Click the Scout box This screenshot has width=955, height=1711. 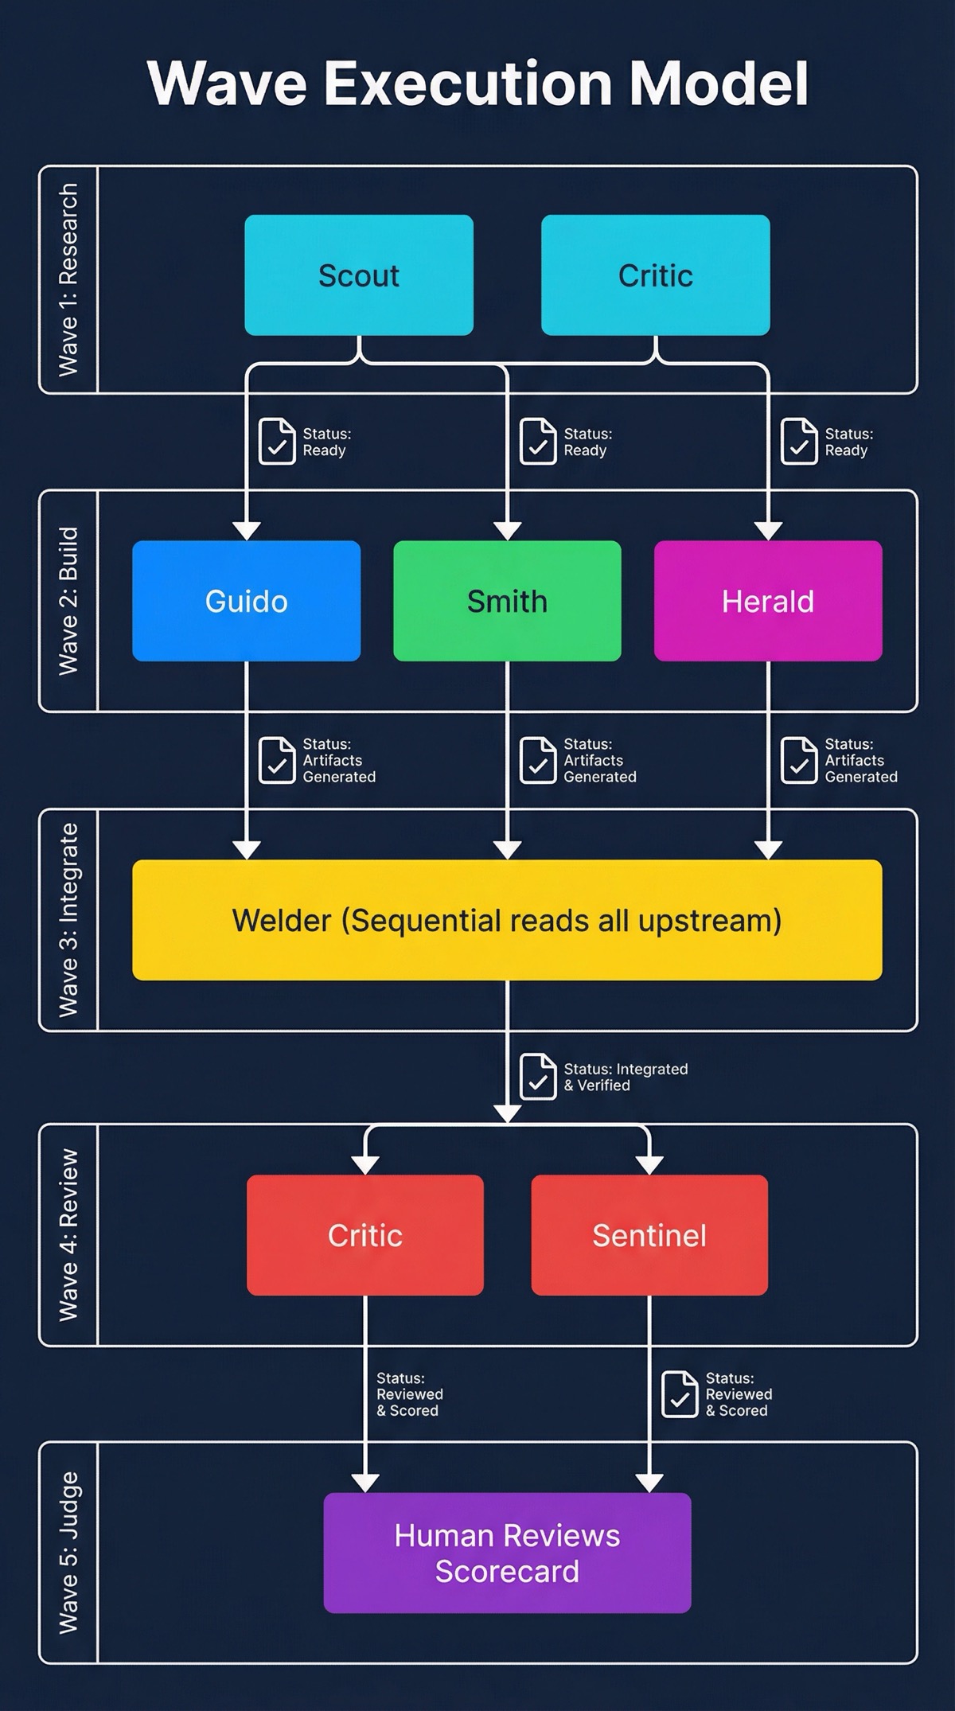coord(358,275)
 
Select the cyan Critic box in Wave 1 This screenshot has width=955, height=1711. coord(655,275)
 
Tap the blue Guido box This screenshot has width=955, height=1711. coord(246,601)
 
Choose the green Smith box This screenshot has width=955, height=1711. coord(507,601)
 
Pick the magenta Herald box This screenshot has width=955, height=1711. coord(767,601)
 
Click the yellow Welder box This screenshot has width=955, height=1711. coord(507,920)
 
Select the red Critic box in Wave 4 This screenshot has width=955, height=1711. coord(364,1235)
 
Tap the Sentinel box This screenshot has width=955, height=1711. coord(649,1235)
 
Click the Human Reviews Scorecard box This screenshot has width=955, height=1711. coord(507,1553)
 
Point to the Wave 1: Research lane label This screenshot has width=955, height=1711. coord(68,279)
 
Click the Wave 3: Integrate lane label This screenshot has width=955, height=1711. coord(68,920)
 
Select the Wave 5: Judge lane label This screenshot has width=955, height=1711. coord(68,1553)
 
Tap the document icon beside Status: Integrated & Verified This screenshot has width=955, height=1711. coord(538,1077)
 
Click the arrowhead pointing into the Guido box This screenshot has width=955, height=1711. coord(246,531)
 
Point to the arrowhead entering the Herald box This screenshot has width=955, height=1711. coord(767,531)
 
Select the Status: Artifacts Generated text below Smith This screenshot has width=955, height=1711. coord(599,760)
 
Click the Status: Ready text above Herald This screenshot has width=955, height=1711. coord(848,442)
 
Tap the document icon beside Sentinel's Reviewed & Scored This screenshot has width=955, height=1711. coord(680,1393)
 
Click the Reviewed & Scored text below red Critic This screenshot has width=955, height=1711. coord(409,1393)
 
